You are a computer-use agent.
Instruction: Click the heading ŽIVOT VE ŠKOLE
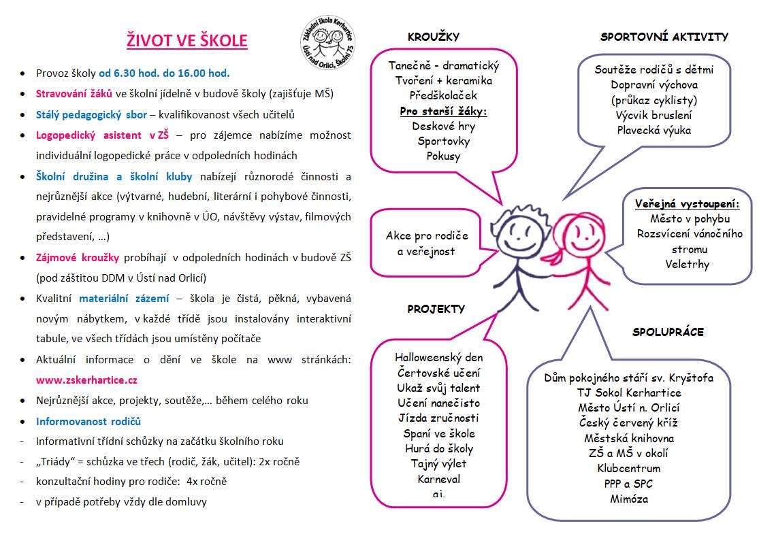tap(187, 40)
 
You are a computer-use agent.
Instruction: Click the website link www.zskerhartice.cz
tap(86, 380)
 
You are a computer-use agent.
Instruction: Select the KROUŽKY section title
tap(434, 37)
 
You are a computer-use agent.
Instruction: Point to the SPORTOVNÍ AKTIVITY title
tap(664, 37)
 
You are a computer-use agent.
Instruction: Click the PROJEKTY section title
tap(436, 309)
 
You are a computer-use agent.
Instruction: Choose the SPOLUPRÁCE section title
tap(668, 332)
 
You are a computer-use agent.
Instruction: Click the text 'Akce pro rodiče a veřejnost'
tap(427, 244)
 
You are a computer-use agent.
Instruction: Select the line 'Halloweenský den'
tap(438, 357)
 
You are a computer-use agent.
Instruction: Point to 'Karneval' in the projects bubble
tap(439, 479)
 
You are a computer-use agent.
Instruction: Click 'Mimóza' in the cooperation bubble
tap(629, 499)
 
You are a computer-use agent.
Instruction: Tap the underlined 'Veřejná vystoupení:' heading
tap(687, 204)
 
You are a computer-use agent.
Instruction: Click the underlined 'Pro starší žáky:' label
tap(443, 111)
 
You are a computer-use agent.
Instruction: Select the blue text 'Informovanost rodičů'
tap(88, 421)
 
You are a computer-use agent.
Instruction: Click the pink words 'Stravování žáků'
tap(74, 93)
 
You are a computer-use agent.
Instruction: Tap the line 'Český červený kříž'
tap(630, 422)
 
